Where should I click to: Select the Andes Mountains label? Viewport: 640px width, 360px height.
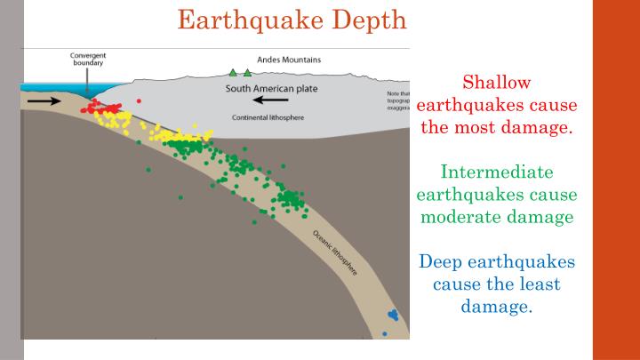[x=290, y=60]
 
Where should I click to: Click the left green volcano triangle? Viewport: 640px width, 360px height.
[x=234, y=72]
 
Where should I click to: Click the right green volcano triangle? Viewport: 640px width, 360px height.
[x=247, y=72]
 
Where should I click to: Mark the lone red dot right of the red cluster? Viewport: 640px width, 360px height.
[x=139, y=101]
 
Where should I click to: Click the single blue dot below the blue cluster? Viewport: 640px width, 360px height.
[x=385, y=333]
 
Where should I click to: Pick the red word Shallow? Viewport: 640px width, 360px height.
[x=497, y=83]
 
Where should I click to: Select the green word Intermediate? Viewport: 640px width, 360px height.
[x=497, y=172]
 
